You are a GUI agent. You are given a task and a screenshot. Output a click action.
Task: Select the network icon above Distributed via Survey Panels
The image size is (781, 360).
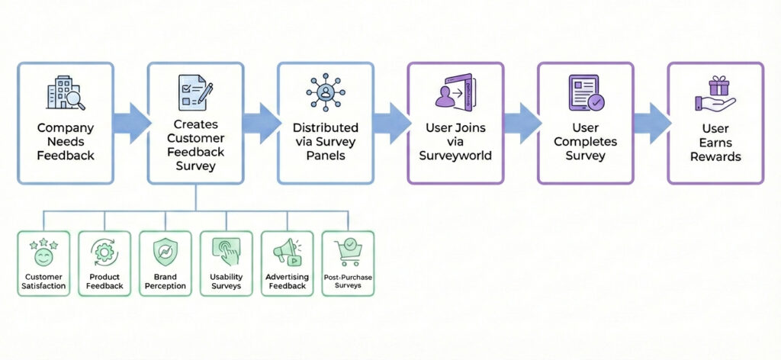tap(325, 93)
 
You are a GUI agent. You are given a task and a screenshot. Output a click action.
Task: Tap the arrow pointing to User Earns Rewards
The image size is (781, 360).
tap(651, 123)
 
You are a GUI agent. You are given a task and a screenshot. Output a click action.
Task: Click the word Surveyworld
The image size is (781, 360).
tap(455, 156)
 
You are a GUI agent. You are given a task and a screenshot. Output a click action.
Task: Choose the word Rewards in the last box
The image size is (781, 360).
tap(715, 156)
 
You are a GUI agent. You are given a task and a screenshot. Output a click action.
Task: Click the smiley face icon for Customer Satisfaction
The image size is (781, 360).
tap(43, 252)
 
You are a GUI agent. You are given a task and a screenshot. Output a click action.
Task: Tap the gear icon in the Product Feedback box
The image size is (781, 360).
tap(104, 252)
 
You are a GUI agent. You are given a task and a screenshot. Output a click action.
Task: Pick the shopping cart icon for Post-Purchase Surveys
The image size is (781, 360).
tap(347, 250)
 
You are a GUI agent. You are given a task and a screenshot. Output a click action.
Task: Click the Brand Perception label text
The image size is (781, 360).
tap(165, 282)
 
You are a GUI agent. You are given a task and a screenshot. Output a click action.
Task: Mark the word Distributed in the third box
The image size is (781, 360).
tap(325, 127)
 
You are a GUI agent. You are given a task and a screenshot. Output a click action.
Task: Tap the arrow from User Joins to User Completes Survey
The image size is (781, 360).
tap(522, 123)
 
